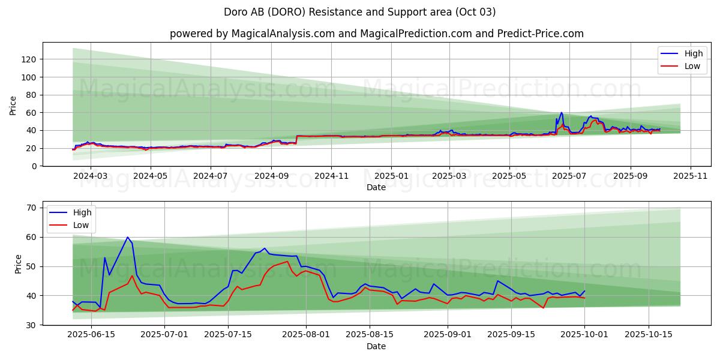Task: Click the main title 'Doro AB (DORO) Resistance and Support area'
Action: coord(360,12)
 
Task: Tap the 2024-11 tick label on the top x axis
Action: coord(331,177)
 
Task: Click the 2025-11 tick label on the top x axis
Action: coord(691,177)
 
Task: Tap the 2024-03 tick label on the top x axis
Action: coord(91,177)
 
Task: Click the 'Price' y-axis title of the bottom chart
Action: coord(18,264)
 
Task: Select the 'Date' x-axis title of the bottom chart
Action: coord(376,347)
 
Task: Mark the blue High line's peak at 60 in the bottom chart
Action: coord(127,237)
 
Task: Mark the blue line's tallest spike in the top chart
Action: coord(562,113)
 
